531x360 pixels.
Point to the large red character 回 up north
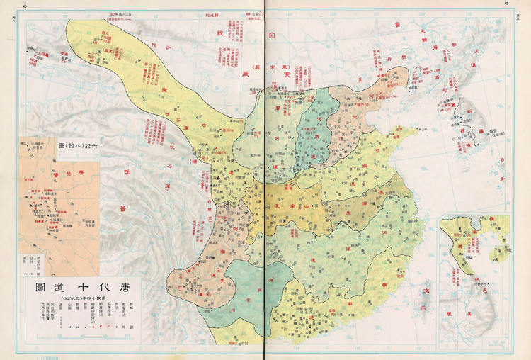(273, 35)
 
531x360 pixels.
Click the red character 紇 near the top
(218, 33)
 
